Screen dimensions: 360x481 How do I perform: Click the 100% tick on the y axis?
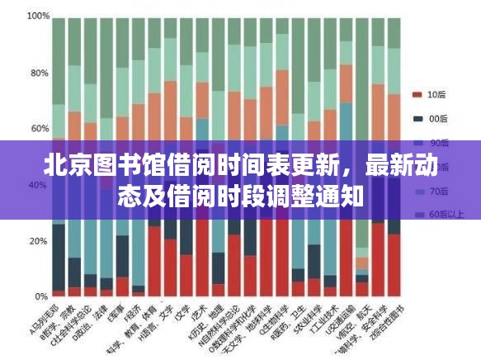tap(36, 17)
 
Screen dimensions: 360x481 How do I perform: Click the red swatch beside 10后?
tap(417, 94)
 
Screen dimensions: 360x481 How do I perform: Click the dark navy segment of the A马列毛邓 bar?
tap(59, 256)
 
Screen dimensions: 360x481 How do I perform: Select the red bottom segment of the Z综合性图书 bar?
tap(394, 264)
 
